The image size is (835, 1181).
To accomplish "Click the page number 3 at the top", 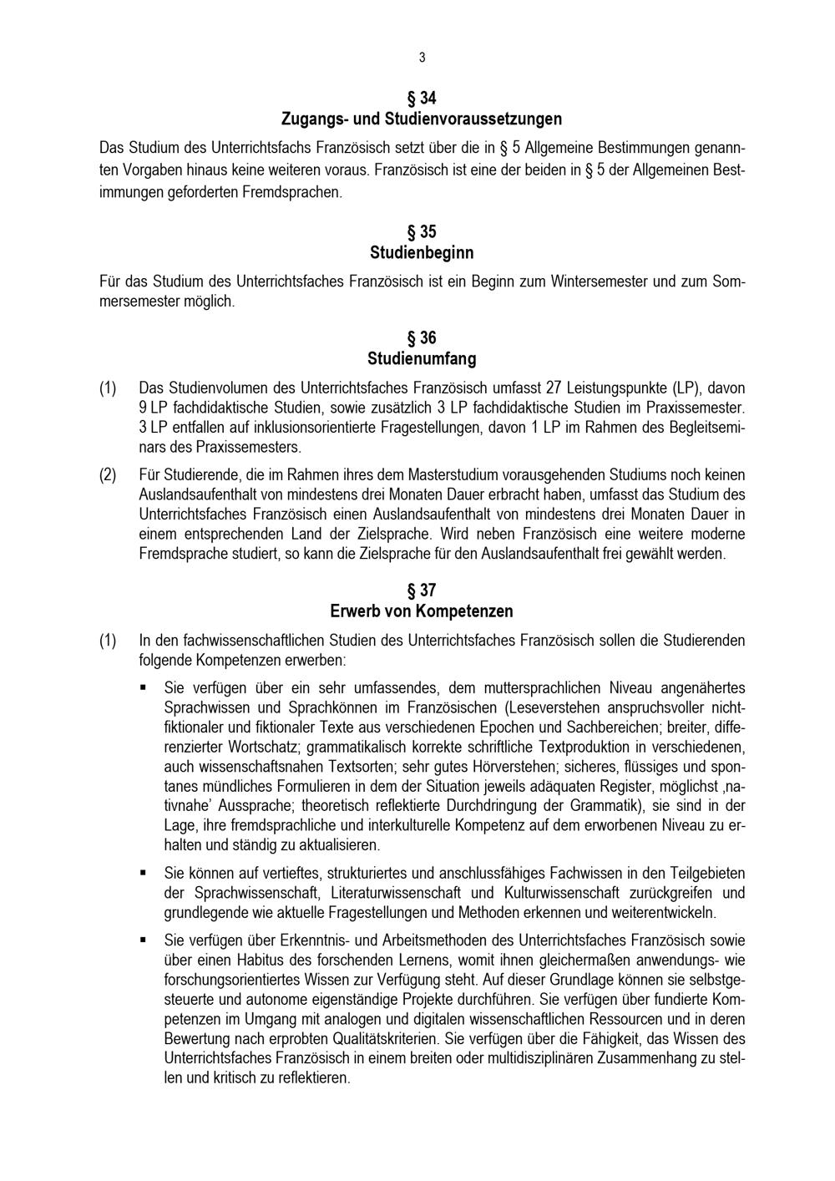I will coord(422,58).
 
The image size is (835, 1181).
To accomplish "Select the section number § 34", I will coord(422,98).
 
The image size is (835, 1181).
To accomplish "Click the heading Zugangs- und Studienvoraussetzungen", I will coord(422,119).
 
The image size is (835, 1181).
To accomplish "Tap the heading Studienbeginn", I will coord(422,252).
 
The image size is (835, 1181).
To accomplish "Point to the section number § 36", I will coord(422,338).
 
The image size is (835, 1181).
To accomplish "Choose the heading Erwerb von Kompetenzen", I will coord(422,611).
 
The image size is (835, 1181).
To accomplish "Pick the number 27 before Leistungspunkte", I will coord(553,388).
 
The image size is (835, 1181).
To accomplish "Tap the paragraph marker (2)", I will coord(108,474).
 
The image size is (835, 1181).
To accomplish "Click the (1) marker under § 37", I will coord(108,641).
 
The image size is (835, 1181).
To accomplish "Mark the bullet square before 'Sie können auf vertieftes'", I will coord(144,873).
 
